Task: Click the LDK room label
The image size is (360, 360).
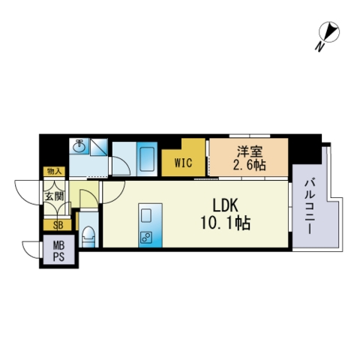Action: tap(225, 206)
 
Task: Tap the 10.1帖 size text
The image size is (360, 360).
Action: tap(225, 223)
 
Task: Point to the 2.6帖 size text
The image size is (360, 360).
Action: tap(249, 165)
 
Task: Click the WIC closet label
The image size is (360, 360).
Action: tap(183, 163)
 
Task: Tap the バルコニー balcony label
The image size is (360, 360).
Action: tap(309, 207)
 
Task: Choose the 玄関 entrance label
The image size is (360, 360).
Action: tap(54, 196)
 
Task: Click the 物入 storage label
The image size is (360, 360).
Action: tap(54, 171)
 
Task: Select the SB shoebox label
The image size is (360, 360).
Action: tap(58, 225)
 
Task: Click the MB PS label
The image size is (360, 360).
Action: tap(58, 250)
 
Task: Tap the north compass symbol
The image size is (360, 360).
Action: tap(329, 31)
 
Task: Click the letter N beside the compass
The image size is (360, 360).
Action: tap(319, 46)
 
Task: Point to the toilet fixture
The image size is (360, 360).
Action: tap(88, 236)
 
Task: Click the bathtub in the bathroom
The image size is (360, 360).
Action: tap(147, 159)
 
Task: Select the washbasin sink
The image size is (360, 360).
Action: tap(79, 146)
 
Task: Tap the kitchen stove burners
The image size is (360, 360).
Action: tap(146, 238)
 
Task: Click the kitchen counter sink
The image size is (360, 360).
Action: tap(146, 215)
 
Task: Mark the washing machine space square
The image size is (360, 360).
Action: tap(99, 148)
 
